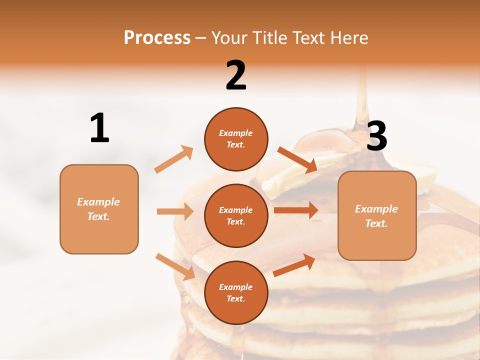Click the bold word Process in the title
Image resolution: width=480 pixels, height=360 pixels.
pyautogui.click(x=157, y=38)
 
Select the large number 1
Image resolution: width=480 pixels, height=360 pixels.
pyautogui.click(x=99, y=128)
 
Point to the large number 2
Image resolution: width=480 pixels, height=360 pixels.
pyautogui.click(x=236, y=75)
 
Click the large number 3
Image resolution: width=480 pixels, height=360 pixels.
pyautogui.click(x=376, y=136)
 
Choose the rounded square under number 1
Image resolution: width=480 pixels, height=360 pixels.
pyautogui.click(x=99, y=209)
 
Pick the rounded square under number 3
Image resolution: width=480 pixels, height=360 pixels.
pyautogui.click(x=377, y=215)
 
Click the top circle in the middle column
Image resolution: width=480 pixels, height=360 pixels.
pyautogui.click(x=236, y=139)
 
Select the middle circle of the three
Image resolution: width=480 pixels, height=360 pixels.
pyautogui.click(x=236, y=215)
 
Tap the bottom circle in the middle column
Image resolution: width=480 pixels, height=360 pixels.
pyautogui.click(x=236, y=292)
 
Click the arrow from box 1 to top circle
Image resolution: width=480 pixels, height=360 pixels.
pyautogui.click(x=174, y=159)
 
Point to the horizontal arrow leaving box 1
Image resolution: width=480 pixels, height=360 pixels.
pyautogui.click(x=175, y=211)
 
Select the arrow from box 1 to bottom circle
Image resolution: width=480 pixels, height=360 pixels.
pyautogui.click(x=175, y=266)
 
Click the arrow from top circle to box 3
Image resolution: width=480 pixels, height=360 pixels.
pyautogui.click(x=297, y=159)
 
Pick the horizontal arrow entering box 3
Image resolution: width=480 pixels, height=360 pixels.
pyautogui.click(x=295, y=210)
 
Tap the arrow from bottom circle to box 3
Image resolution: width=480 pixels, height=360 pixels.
pyautogui.click(x=294, y=265)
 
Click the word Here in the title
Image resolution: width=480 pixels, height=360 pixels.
pyautogui.click(x=348, y=38)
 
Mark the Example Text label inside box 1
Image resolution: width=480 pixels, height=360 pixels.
pyautogui.click(x=98, y=209)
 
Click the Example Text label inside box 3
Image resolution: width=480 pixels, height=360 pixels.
pyautogui.click(x=376, y=216)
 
